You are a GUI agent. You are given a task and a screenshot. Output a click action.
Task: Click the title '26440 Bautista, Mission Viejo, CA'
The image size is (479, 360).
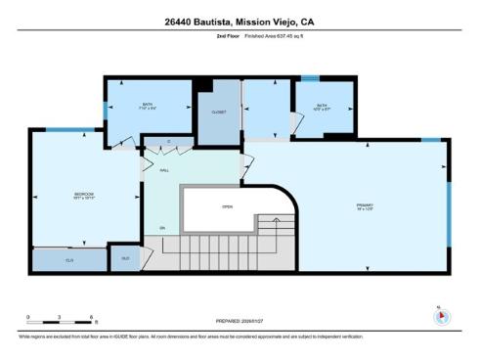click(x=239, y=21)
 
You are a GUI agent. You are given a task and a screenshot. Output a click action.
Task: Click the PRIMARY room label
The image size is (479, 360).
click(x=365, y=205)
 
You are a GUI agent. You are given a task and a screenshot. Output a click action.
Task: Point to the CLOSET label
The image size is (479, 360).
click(x=219, y=112)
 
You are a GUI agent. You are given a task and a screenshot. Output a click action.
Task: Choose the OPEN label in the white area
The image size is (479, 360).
click(x=227, y=206)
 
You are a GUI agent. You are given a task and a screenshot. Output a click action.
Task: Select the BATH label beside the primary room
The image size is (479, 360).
click(x=323, y=107)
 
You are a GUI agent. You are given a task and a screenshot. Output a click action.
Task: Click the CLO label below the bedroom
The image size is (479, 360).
click(x=69, y=260)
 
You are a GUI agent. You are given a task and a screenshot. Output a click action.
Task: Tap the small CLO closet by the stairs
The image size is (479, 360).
click(x=125, y=258)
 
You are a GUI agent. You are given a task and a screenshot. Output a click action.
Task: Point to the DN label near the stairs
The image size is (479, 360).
click(x=162, y=228)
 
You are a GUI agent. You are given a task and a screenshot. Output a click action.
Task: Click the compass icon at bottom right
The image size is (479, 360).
click(x=439, y=317)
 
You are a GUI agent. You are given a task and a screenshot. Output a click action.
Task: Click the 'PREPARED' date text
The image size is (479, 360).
click(x=239, y=321)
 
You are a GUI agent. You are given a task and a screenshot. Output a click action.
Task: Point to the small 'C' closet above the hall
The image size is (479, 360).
click(x=168, y=143)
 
